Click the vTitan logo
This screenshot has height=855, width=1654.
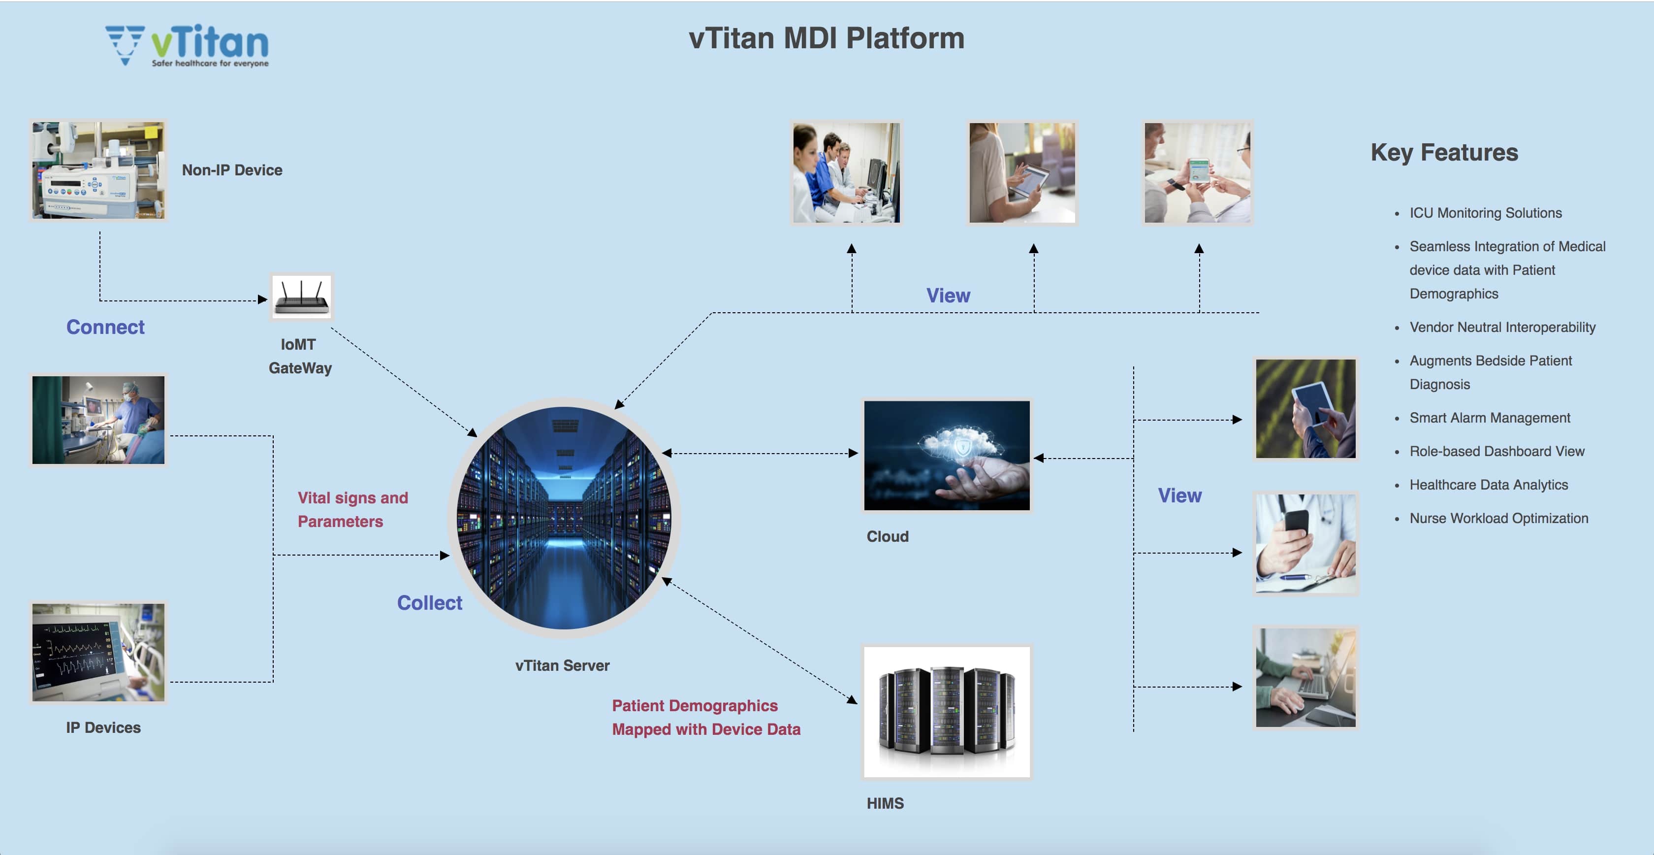[x=188, y=45]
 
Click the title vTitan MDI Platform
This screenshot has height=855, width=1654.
[x=827, y=38]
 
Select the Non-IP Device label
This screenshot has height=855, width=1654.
[x=232, y=170]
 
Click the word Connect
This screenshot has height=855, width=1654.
[x=105, y=327]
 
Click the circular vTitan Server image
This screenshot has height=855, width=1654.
[x=563, y=518]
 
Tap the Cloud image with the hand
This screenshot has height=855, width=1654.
[x=947, y=456]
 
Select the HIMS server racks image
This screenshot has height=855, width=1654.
[x=947, y=712]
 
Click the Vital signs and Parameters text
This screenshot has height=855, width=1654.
[x=352, y=509]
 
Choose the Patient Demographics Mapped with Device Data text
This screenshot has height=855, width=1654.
[x=705, y=718]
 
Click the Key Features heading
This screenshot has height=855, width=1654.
[x=1444, y=152]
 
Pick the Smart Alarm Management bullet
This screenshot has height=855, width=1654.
[x=1489, y=418]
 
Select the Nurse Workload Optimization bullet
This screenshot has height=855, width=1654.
[x=1498, y=519]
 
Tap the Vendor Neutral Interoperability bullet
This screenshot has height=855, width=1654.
[x=1502, y=328]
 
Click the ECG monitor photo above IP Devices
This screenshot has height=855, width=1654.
[x=98, y=652]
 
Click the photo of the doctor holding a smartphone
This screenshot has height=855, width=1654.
[x=1305, y=543]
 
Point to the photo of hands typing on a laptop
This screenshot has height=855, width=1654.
[x=1305, y=678]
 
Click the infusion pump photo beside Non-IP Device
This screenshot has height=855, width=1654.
[x=98, y=171]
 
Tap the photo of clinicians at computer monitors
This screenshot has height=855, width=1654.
[x=846, y=173]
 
